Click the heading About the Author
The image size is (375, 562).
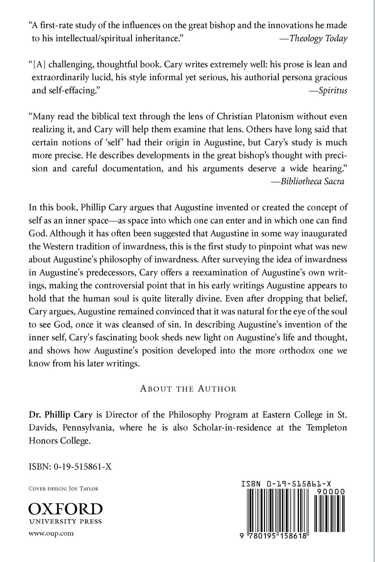(x=188, y=388)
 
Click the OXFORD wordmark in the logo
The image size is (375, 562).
(x=65, y=509)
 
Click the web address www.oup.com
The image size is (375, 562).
(x=51, y=533)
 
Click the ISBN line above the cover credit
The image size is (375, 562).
(x=70, y=467)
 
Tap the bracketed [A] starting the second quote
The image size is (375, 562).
(x=40, y=65)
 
